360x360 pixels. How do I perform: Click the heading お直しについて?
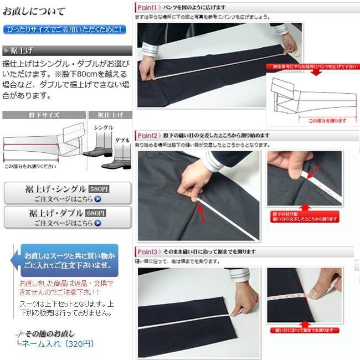pyautogui.click(x=35, y=11)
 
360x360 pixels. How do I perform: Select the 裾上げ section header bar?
pyautogui.click(x=66, y=51)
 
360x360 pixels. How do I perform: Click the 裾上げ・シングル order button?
pyautogui.click(x=67, y=193)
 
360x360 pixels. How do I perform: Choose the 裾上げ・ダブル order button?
pyautogui.click(x=67, y=218)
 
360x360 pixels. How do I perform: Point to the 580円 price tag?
pyautogui.click(x=100, y=188)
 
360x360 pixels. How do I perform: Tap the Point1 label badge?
pyautogui.click(x=148, y=7)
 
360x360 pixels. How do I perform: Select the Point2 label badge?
pyautogui.click(x=148, y=135)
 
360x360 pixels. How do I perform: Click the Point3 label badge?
pyautogui.click(x=148, y=251)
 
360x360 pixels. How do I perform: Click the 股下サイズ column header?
pyautogui.click(x=44, y=115)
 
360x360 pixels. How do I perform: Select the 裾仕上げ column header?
pyautogui.click(x=110, y=115)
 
